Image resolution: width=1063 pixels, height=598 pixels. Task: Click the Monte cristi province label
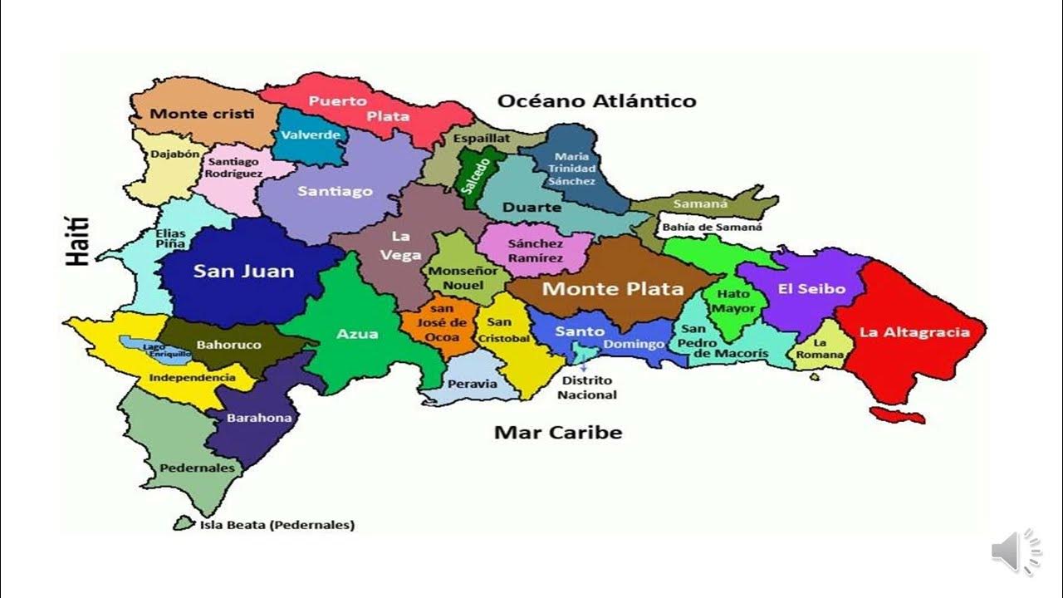pos(202,114)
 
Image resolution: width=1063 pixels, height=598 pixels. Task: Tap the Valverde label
pos(311,135)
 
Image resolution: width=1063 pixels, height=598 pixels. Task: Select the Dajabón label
pos(174,154)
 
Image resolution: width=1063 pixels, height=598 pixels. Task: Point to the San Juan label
pos(243,271)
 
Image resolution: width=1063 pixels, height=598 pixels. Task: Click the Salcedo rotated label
pos(471,176)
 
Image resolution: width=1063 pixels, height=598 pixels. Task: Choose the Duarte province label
pos(531,207)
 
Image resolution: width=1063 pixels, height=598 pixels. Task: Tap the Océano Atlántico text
pos(596,101)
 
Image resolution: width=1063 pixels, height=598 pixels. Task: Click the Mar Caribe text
pos(557,432)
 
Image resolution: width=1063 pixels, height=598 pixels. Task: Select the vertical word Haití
pos(78,241)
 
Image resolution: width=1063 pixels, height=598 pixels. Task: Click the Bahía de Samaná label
pos(712,226)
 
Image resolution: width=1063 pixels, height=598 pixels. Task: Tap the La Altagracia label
pos(914,332)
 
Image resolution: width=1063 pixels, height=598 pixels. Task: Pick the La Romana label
pos(821,349)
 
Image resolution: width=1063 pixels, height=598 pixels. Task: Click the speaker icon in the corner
pos(1015,551)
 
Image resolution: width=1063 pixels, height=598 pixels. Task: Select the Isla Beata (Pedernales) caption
pos(277,525)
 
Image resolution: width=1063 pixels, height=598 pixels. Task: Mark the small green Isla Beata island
pos(183,523)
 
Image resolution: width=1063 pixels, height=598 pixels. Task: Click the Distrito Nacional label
pos(586,388)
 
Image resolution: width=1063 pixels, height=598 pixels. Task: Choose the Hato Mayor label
pos(734,301)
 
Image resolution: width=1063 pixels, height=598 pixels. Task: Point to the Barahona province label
pos(259,418)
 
